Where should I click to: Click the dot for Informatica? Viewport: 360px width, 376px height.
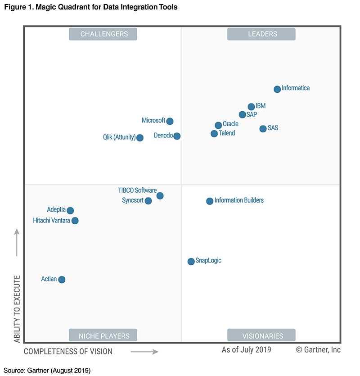click(x=277, y=89)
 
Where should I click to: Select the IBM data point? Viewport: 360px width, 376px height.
click(x=251, y=107)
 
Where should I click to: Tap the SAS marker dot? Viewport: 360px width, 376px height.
click(x=263, y=129)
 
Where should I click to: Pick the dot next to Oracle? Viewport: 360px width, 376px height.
click(x=218, y=125)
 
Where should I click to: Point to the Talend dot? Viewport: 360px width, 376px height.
click(x=214, y=134)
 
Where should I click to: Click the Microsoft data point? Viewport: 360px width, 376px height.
click(x=170, y=121)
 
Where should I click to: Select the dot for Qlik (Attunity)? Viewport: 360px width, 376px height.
click(x=140, y=138)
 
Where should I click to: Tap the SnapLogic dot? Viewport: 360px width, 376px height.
click(x=191, y=262)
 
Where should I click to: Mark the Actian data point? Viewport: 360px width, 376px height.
click(x=62, y=280)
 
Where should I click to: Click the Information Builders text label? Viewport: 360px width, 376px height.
click(x=239, y=200)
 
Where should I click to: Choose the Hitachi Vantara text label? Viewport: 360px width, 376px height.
click(x=51, y=221)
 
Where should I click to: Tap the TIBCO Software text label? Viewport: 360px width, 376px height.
click(x=137, y=190)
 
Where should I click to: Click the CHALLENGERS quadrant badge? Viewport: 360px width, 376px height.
click(x=103, y=34)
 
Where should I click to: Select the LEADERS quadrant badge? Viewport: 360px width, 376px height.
click(x=261, y=34)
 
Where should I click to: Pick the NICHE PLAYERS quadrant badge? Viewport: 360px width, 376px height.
click(x=103, y=335)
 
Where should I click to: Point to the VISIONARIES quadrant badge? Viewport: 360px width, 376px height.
click(x=261, y=335)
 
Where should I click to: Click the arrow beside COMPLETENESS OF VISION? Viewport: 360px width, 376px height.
click(x=144, y=351)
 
